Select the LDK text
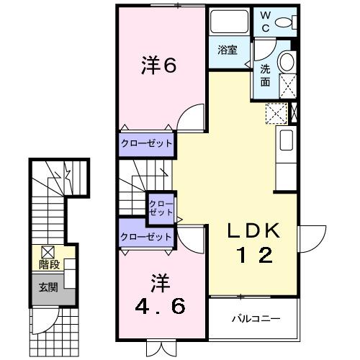(251, 232)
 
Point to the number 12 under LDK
(251, 256)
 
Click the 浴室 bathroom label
(228, 50)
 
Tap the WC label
(265, 22)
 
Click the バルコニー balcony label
(255, 318)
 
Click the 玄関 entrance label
(48, 287)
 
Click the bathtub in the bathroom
(229, 24)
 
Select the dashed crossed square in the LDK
(276, 113)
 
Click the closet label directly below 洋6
(146, 143)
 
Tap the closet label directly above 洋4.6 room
(146, 235)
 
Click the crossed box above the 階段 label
(48, 252)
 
